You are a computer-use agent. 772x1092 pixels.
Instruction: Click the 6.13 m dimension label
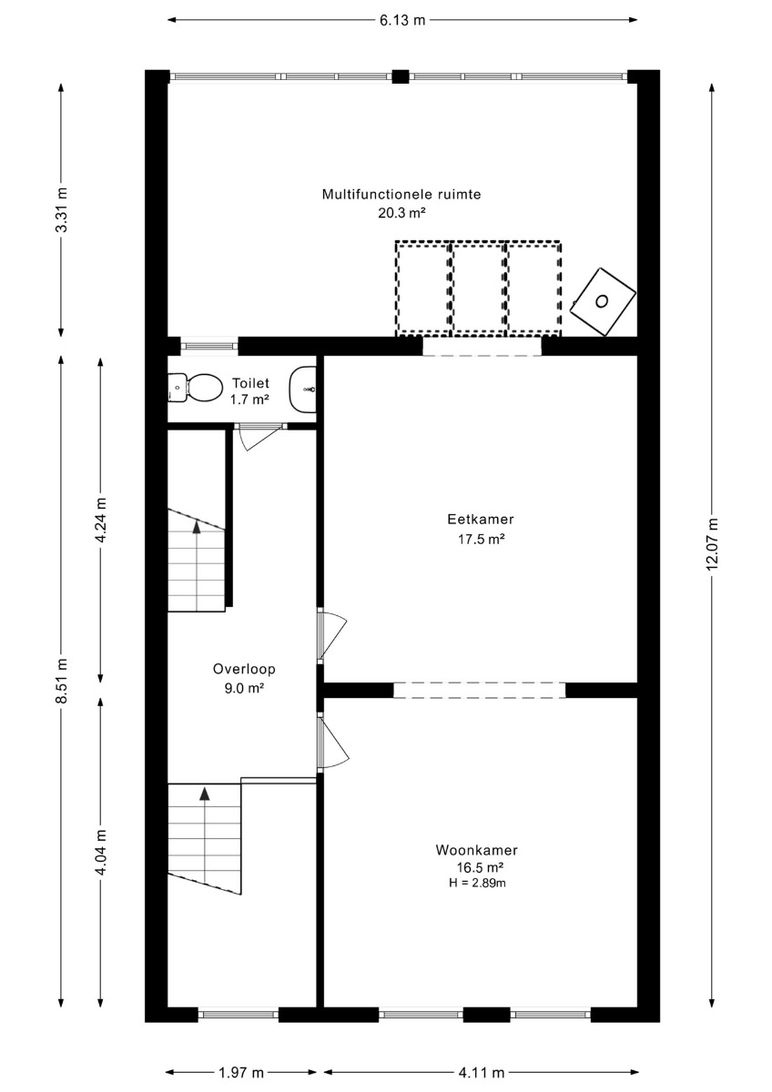(x=402, y=20)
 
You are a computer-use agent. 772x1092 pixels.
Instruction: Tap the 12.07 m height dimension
(x=713, y=543)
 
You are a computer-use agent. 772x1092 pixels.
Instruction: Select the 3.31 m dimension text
(x=61, y=209)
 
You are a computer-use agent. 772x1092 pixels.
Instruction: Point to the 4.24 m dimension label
(x=101, y=521)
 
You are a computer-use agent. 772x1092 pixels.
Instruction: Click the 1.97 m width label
(x=241, y=1072)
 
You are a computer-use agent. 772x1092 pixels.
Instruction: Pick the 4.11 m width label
(x=482, y=1072)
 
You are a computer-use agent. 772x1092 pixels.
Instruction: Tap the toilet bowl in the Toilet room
(x=193, y=388)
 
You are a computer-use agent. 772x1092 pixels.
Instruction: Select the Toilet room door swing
(x=261, y=437)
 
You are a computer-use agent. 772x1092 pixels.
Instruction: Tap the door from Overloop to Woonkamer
(x=333, y=743)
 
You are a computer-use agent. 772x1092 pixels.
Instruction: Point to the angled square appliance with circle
(x=604, y=301)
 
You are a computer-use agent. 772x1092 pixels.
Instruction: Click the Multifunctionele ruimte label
(x=401, y=195)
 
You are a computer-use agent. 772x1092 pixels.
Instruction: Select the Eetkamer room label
(x=481, y=520)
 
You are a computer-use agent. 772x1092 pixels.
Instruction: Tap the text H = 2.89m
(x=477, y=883)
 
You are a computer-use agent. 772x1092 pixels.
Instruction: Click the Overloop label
(x=244, y=669)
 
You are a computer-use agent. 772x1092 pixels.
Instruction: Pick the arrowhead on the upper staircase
(x=197, y=527)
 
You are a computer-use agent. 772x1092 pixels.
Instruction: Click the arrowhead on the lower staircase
(x=205, y=794)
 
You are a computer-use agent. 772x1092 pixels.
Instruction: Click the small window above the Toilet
(x=209, y=346)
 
